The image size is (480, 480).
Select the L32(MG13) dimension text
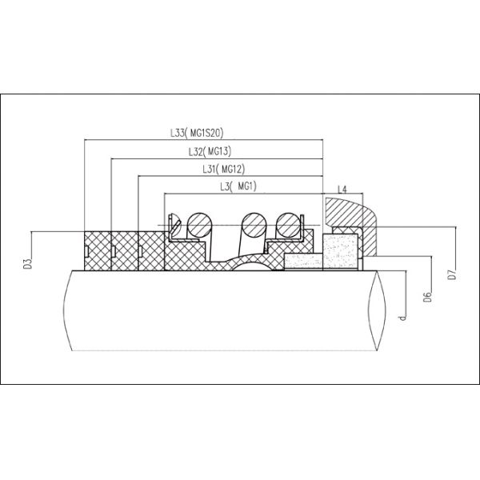(x=210, y=150)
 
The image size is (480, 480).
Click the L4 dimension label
(x=342, y=189)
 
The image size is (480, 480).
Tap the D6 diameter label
(x=429, y=296)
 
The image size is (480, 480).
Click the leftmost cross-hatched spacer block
(x=97, y=251)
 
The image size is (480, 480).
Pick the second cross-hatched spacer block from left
(x=124, y=251)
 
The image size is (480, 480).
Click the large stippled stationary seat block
(x=338, y=253)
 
